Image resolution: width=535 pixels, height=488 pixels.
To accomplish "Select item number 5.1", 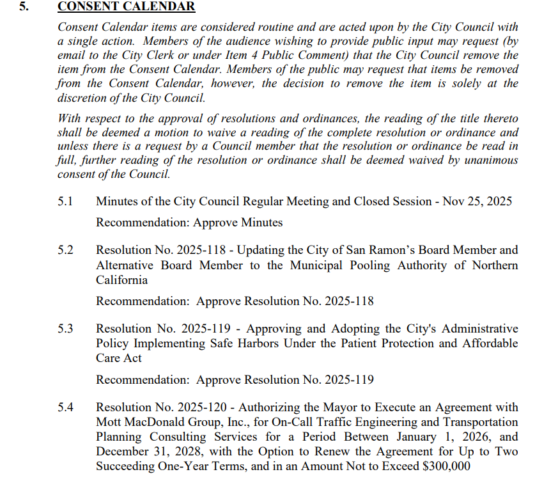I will pyautogui.click(x=65, y=201).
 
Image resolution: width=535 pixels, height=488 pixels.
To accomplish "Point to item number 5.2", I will pyautogui.click(x=65, y=250).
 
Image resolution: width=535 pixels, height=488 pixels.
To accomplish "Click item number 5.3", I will pyautogui.click(x=65, y=329).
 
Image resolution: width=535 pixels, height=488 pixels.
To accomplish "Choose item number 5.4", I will pyautogui.click(x=65, y=407).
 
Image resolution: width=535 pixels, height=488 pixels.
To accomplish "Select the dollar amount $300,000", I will pyautogui.click(x=447, y=466).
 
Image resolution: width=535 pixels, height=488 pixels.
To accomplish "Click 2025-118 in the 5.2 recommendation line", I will pyautogui.click(x=350, y=301).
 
